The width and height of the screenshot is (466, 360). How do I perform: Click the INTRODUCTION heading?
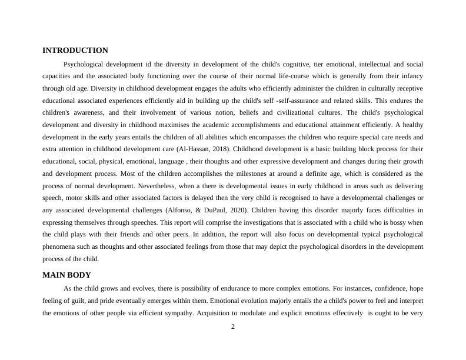click(x=75, y=51)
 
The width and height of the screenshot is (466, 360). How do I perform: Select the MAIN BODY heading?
click(x=66, y=275)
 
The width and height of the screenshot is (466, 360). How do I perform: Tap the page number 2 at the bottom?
click(x=233, y=327)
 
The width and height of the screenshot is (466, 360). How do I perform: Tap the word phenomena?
click(x=59, y=246)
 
